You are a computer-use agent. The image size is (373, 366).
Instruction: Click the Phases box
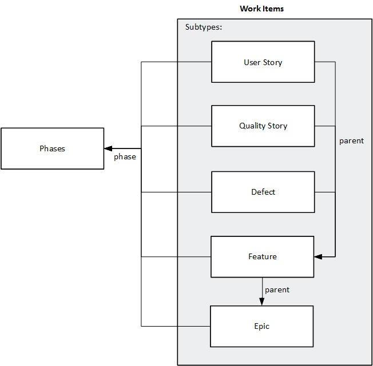(x=52, y=148)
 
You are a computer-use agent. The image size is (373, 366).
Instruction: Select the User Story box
(x=263, y=62)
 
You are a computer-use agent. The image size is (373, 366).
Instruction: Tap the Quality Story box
(x=263, y=126)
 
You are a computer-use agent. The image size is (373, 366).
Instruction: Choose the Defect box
(x=263, y=192)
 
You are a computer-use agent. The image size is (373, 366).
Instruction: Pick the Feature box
(x=263, y=257)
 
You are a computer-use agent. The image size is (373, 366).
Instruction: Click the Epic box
(x=261, y=326)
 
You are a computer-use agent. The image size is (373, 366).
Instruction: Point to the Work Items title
(x=261, y=9)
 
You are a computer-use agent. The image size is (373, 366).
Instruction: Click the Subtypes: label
(x=203, y=27)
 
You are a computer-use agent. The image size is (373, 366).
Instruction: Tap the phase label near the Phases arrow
(x=125, y=156)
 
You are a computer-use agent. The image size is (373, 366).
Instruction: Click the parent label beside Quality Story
(x=351, y=140)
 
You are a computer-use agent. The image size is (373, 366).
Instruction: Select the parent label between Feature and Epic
(x=277, y=289)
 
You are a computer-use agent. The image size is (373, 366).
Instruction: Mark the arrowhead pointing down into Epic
(x=263, y=302)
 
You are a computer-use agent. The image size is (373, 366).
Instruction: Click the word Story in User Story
(x=273, y=62)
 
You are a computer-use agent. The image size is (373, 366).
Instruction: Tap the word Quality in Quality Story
(x=252, y=126)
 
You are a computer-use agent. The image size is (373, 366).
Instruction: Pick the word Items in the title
(x=274, y=9)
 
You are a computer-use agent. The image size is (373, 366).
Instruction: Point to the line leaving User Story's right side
(x=325, y=62)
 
